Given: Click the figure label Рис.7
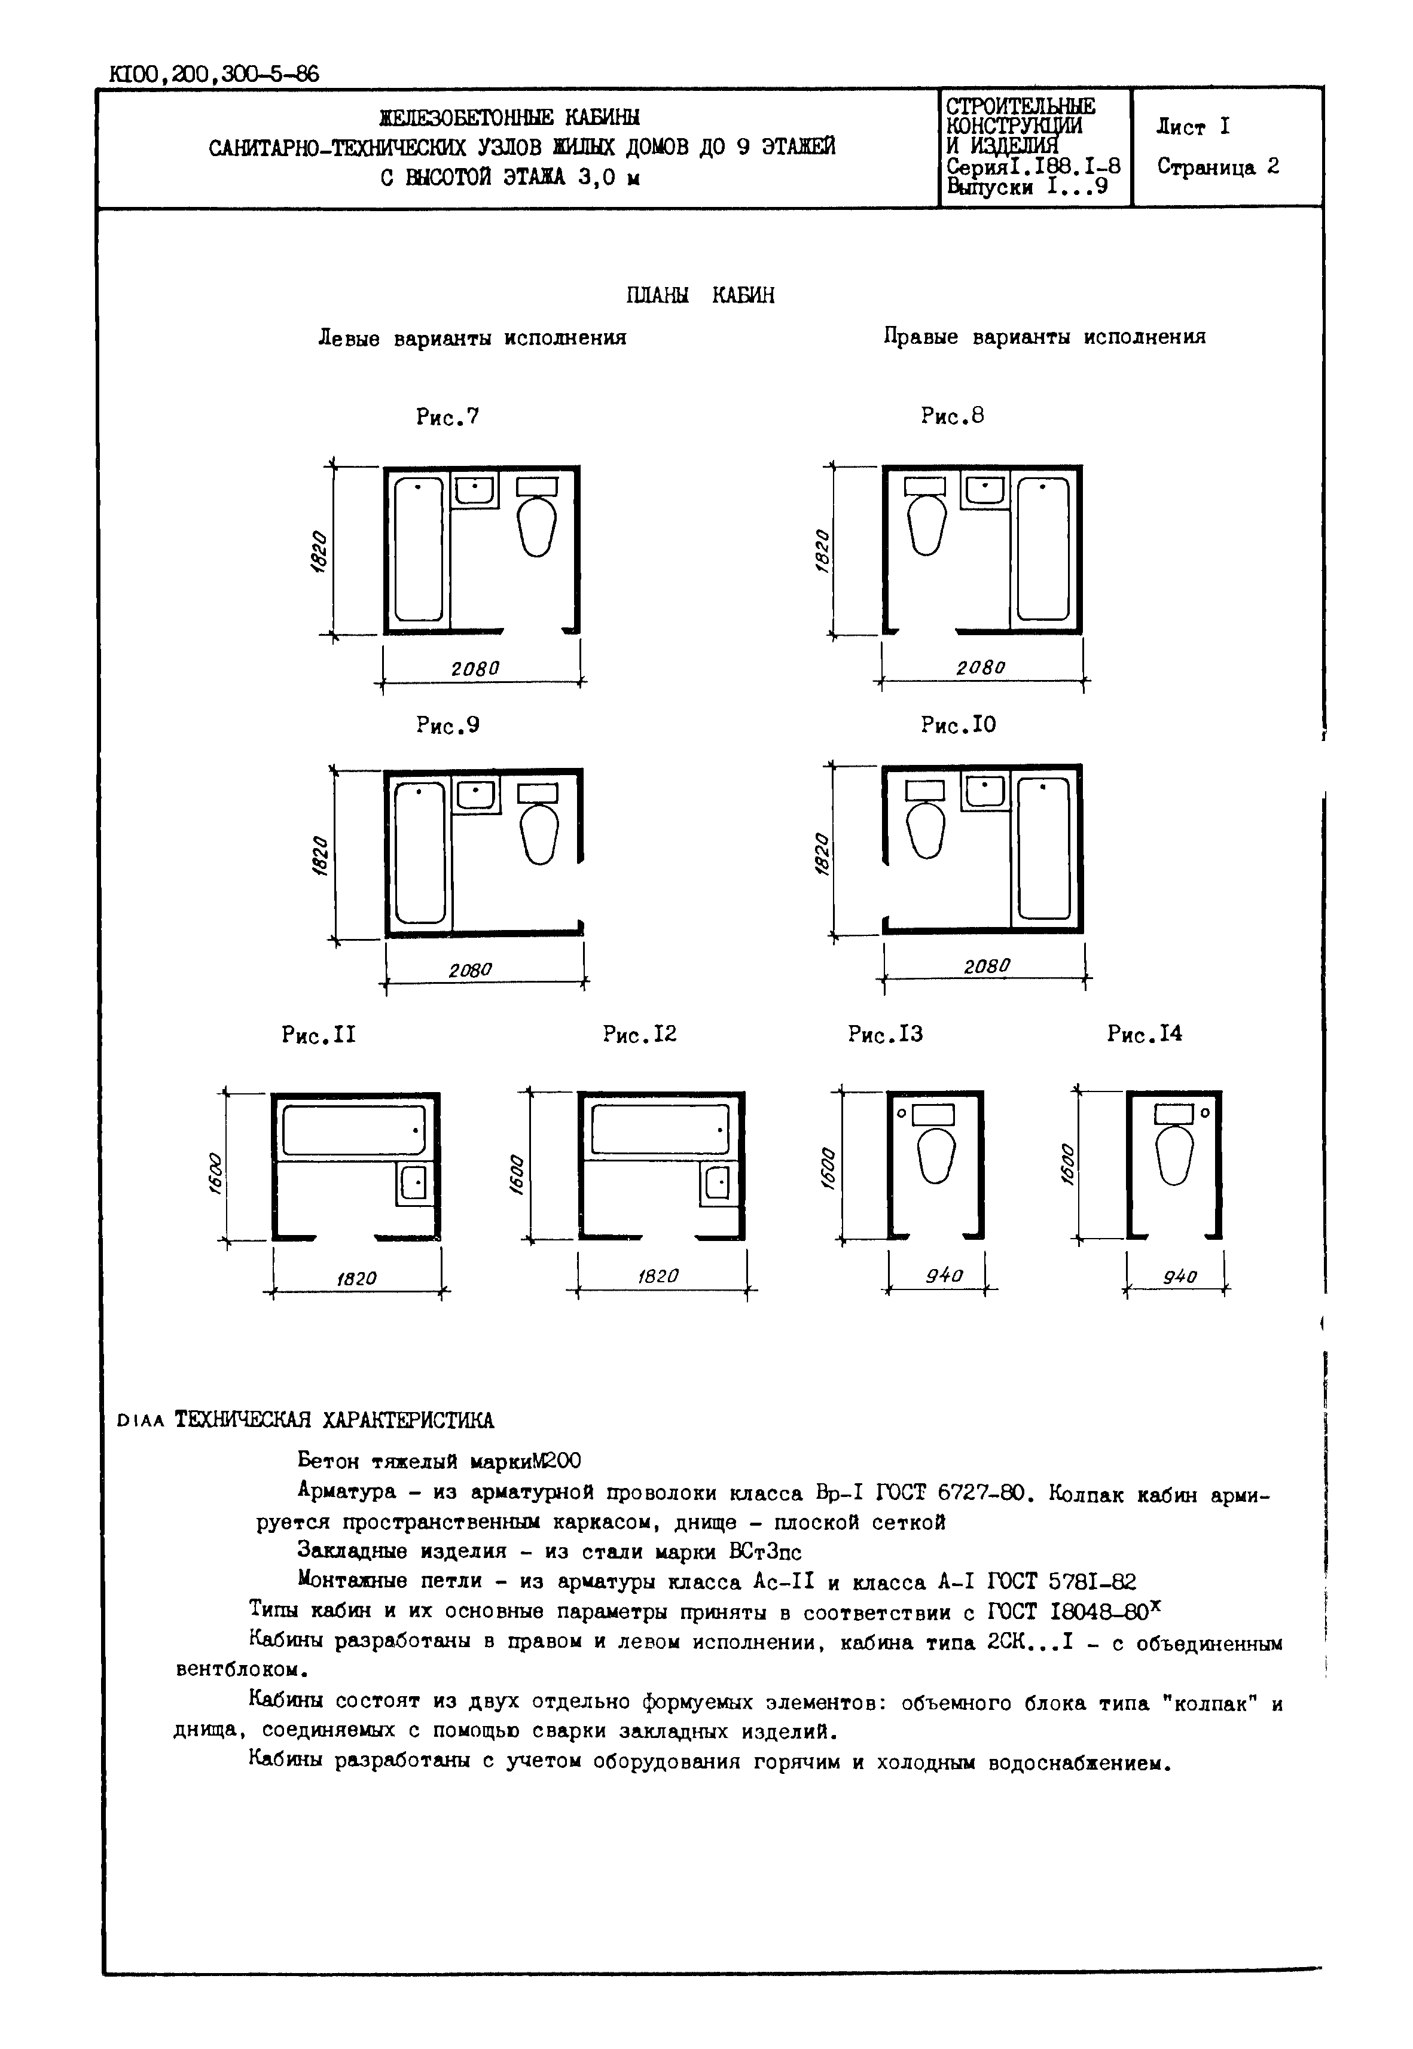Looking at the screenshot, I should click(448, 416).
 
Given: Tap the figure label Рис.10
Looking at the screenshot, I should click(958, 725).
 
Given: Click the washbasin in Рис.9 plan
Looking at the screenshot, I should click(477, 794).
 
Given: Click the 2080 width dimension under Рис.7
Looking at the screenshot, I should click(475, 669).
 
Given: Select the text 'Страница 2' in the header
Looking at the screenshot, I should click(1217, 167).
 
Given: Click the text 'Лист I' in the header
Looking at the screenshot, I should click(1192, 127).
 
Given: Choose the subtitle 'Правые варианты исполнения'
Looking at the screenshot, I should click(1044, 337).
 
